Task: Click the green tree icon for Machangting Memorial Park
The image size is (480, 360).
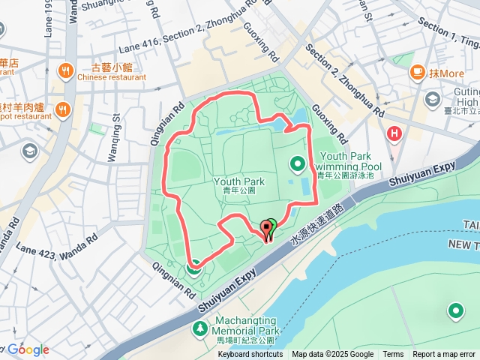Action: pyautogui.click(x=199, y=328)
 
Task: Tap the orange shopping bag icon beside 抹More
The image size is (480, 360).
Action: pyautogui.click(x=416, y=73)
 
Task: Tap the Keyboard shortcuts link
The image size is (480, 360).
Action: pyautogui.click(x=250, y=355)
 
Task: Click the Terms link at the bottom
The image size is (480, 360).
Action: pyautogui.click(x=393, y=355)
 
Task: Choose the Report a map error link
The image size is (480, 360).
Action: pyautogui.click(x=444, y=355)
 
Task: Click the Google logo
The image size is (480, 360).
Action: pyautogui.click(x=28, y=349)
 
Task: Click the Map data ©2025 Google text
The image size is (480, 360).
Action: pyautogui.click(x=332, y=355)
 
